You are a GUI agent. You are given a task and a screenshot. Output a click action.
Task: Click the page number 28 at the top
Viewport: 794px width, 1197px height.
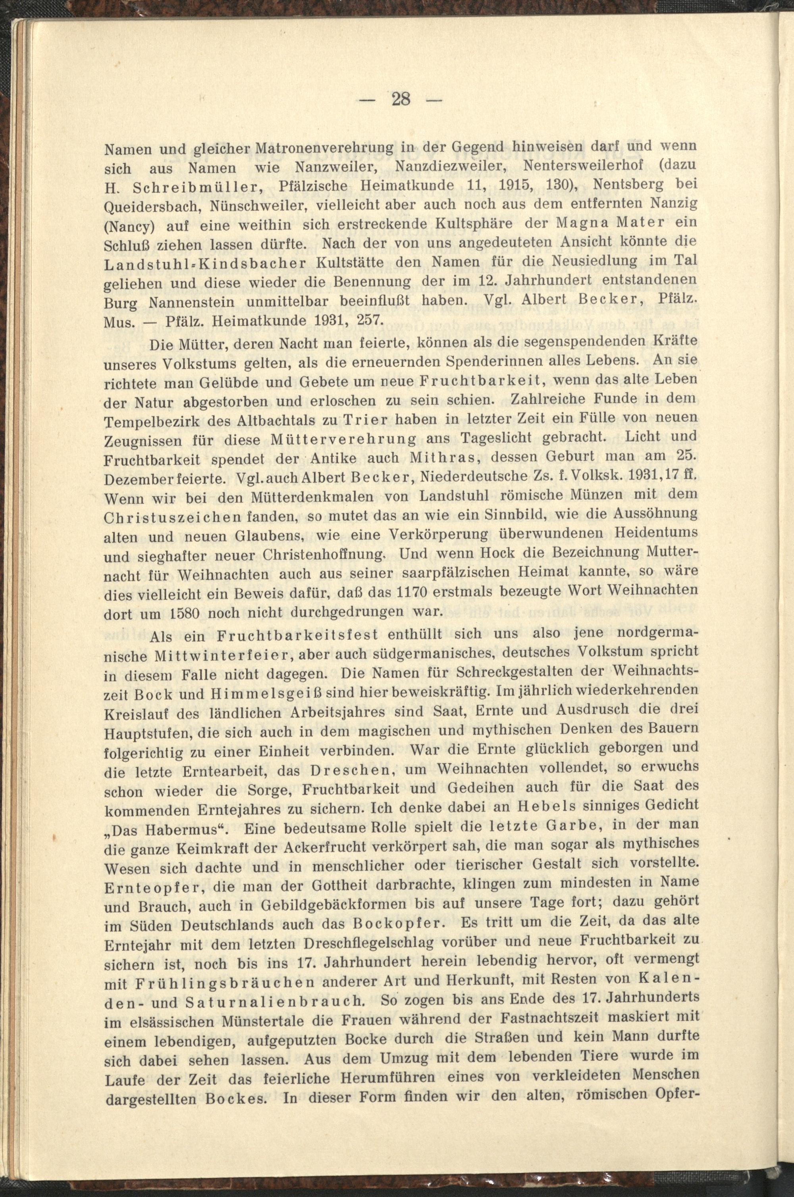coord(400,100)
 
